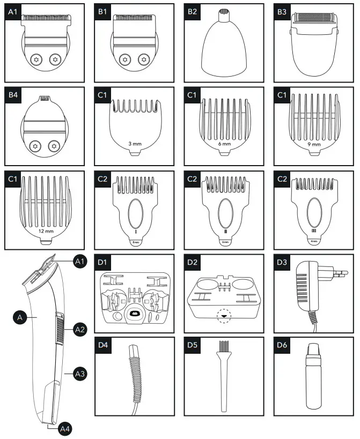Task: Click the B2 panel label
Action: point(192,11)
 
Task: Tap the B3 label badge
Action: point(282,11)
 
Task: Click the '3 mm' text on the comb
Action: point(135,144)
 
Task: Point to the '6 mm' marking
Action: point(224,144)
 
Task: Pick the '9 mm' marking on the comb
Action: point(314,144)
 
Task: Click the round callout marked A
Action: point(20,318)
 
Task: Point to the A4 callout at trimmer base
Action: point(64,428)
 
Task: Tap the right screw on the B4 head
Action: point(53,145)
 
